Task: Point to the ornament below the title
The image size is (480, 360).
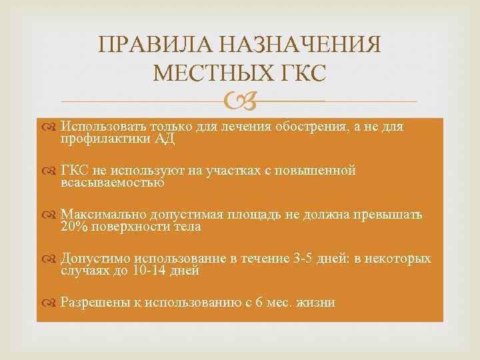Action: click(x=239, y=101)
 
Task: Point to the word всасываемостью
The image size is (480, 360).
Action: click(x=112, y=182)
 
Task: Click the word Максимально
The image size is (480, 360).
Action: click(x=100, y=215)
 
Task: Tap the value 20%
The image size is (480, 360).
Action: click(x=74, y=227)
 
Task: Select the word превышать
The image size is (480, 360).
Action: click(x=390, y=215)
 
